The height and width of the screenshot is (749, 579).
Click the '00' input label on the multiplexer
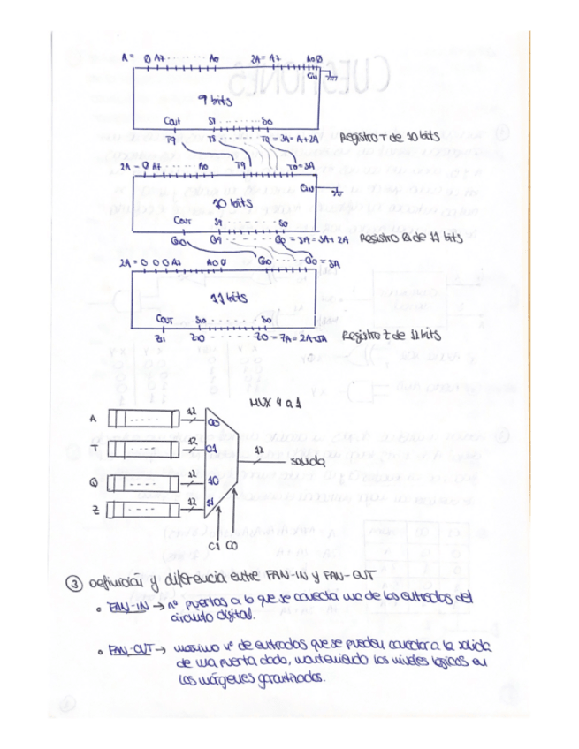pyautogui.click(x=213, y=421)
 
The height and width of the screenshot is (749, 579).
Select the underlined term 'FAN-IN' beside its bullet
pyautogui.click(x=119, y=609)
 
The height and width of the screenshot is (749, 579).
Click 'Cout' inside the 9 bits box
pyautogui.click(x=173, y=121)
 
